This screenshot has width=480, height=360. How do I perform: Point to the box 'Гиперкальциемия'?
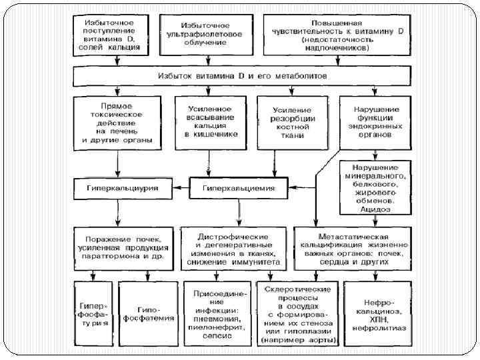[238, 189]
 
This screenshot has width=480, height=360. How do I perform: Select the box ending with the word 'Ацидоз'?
[377, 187]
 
